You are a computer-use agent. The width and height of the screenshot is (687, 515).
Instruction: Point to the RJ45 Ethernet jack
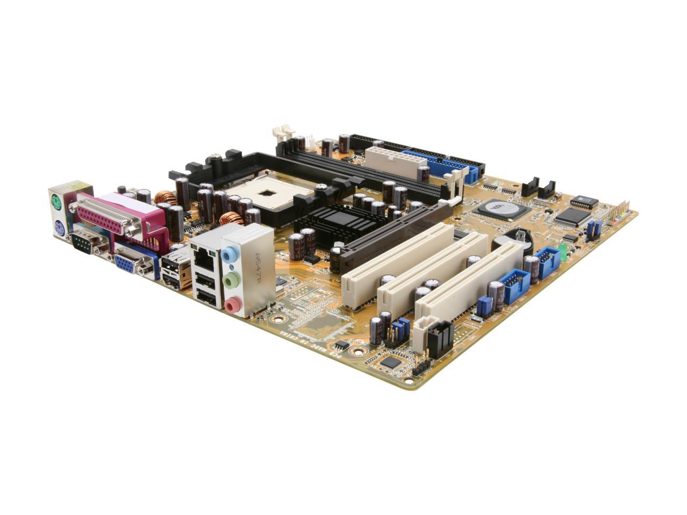click(203, 261)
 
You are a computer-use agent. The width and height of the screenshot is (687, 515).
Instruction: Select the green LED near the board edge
click(563, 250)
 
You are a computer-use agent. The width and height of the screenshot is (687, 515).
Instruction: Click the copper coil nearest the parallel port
click(166, 198)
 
